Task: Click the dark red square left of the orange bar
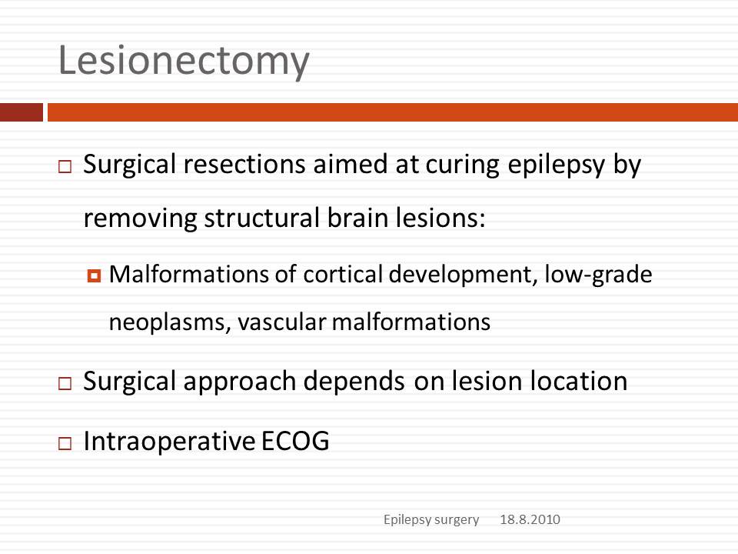coord(22,112)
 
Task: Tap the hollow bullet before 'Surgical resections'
coord(65,166)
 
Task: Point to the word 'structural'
coord(261,218)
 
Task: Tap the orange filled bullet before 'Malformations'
coord(94,275)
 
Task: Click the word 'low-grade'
coord(598,275)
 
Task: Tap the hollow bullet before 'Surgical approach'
coord(65,383)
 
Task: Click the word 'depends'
coord(354,382)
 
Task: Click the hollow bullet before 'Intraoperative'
coord(65,443)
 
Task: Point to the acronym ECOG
coord(295,442)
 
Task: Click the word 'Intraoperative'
coord(169,442)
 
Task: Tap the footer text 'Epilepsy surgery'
coord(431,519)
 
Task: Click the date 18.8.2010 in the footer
coord(530,519)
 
